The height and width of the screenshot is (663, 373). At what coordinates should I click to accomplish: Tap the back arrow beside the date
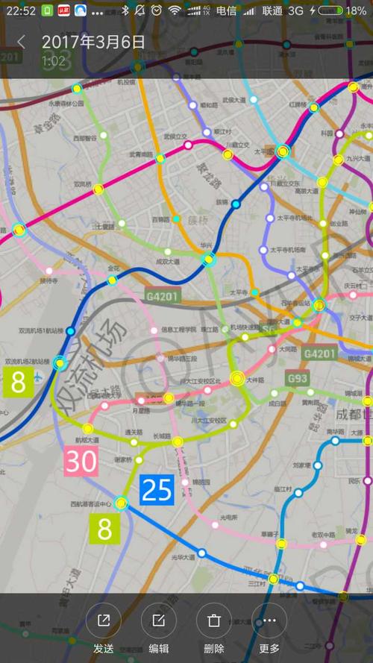pos(21,42)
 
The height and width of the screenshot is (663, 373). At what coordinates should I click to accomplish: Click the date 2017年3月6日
pos(93,42)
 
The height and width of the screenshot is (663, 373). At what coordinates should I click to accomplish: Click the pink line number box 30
pos(81,462)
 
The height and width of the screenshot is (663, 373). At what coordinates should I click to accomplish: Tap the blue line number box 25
pos(157,489)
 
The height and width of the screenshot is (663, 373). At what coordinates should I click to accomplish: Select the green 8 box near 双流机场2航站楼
pos(18,381)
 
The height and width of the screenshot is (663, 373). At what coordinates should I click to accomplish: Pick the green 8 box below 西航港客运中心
pos(105,528)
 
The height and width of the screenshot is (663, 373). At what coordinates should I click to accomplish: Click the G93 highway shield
pos(298,378)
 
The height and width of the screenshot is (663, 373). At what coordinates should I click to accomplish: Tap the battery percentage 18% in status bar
pos(356,11)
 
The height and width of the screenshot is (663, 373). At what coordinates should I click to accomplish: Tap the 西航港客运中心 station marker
pos(122,503)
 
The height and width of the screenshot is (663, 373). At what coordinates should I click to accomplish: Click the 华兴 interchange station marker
pos(210,259)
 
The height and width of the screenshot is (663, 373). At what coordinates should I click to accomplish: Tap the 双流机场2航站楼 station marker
pos(60,363)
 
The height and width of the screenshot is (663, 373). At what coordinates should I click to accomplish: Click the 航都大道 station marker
pos(88,429)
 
